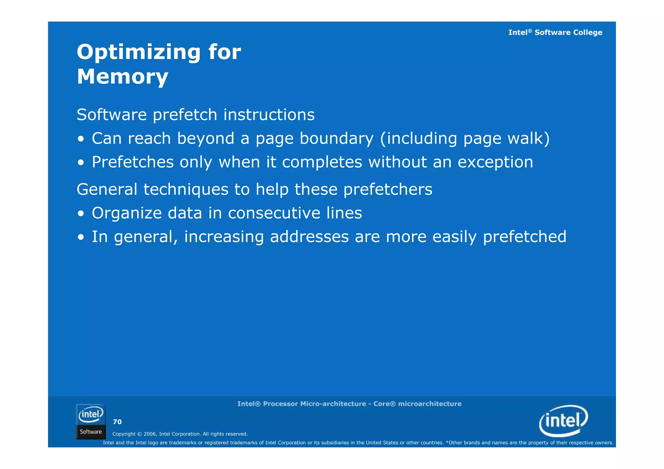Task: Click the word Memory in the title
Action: (122, 77)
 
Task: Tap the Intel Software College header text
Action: (555, 32)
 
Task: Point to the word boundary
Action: (336, 138)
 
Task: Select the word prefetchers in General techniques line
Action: (387, 189)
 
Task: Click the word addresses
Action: (309, 237)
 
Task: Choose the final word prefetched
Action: (524, 237)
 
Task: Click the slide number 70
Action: (117, 422)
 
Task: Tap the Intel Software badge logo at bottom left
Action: (91, 421)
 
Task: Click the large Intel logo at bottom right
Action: (563, 421)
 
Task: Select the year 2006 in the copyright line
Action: (150, 434)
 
